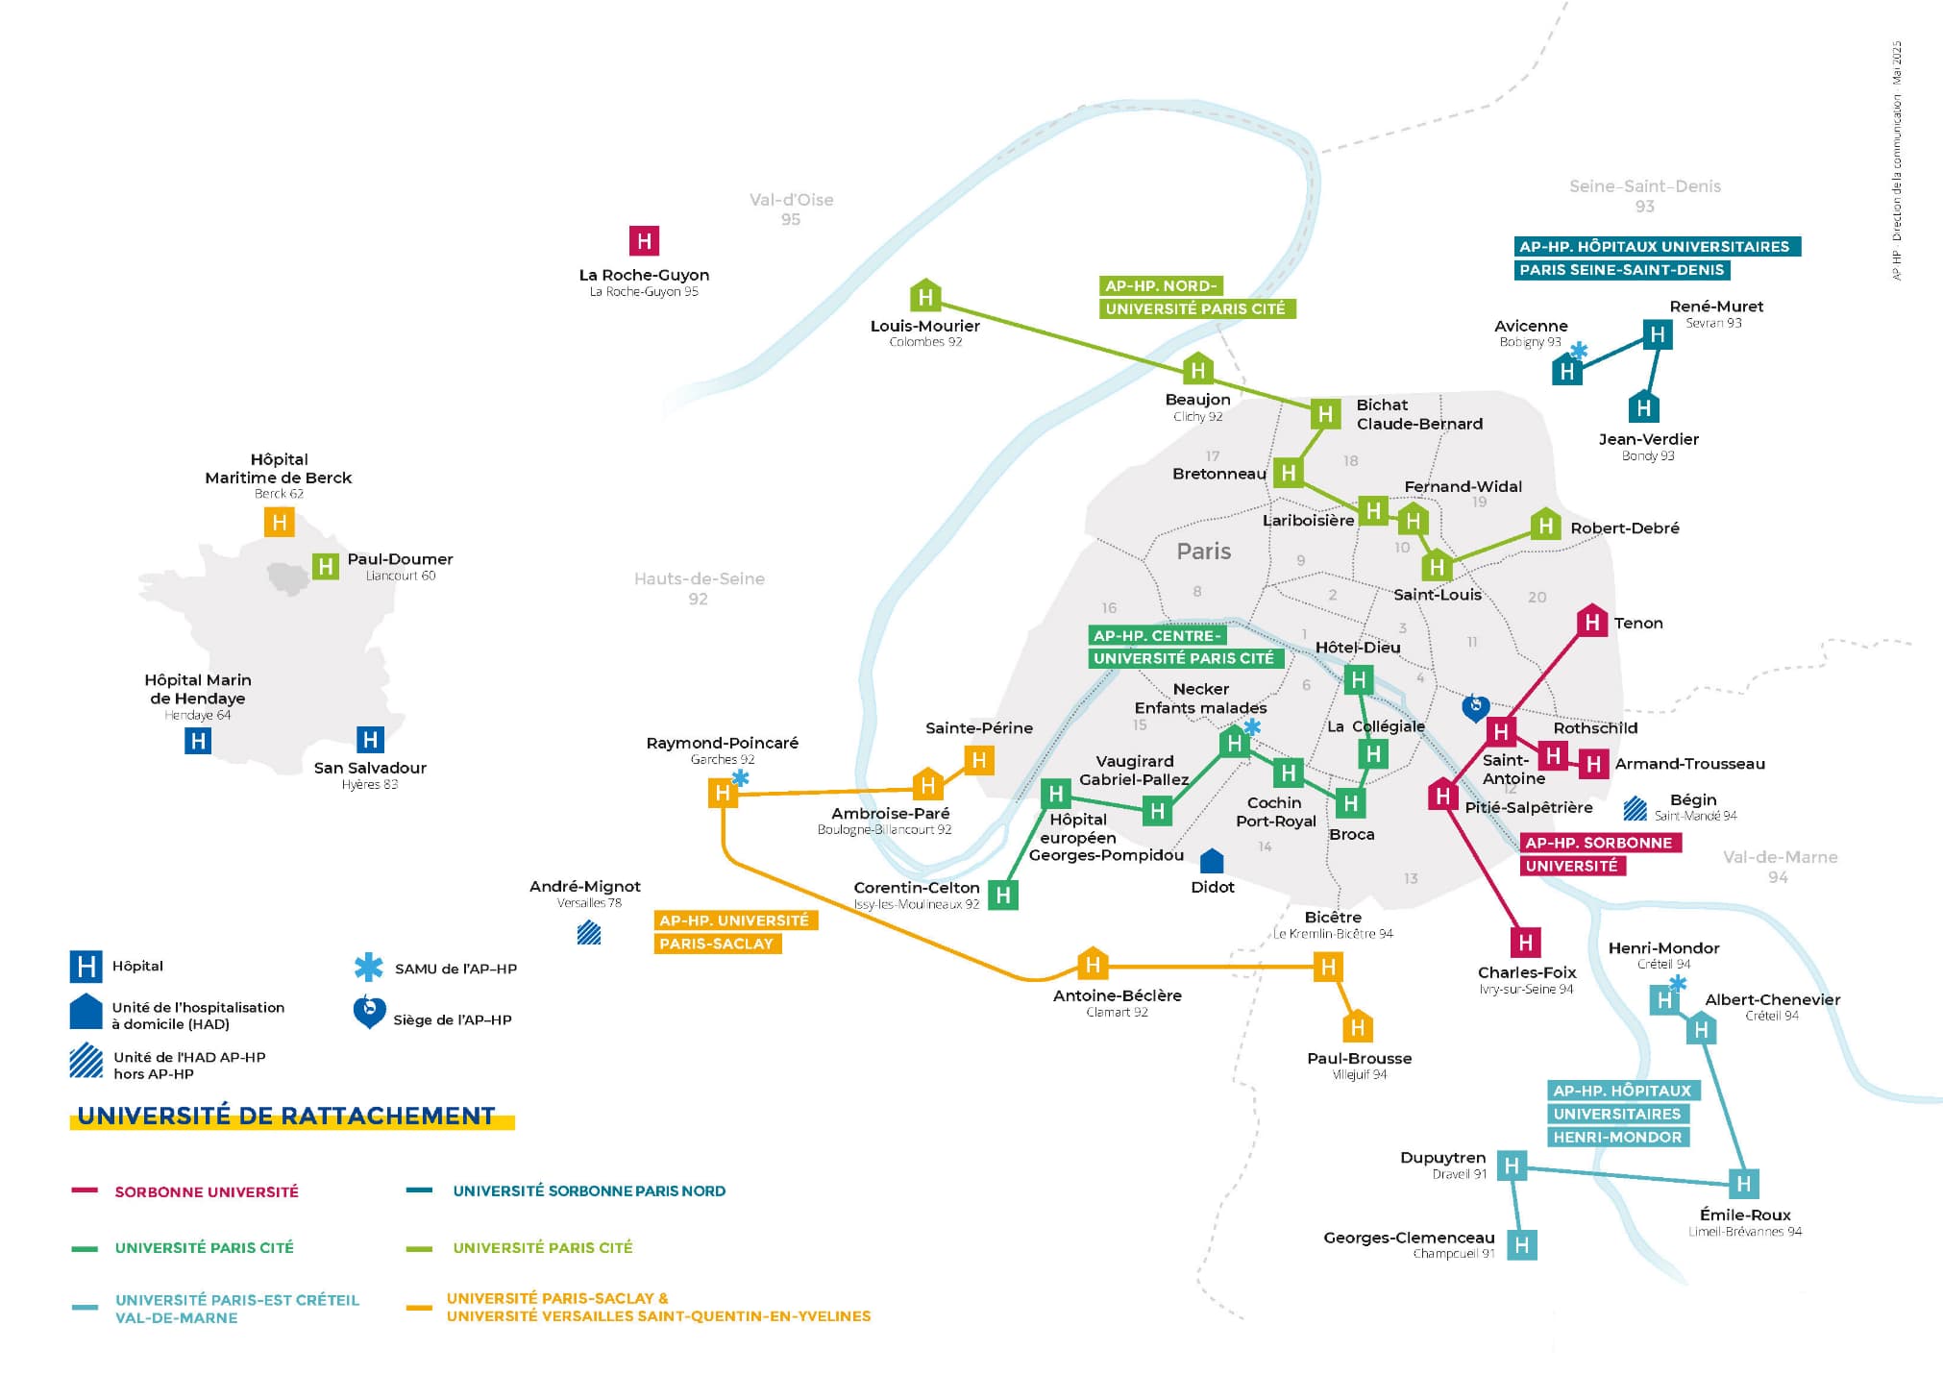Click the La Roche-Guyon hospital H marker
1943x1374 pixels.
point(644,240)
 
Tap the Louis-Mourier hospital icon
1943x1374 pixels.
point(924,296)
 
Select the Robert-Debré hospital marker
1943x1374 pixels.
point(1545,525)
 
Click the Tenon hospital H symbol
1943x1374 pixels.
point(1592,622)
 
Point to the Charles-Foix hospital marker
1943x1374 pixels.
point(1525,942)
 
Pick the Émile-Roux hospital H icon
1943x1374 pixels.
point(1744,1183)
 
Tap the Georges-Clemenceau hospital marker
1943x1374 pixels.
point(1521,1245)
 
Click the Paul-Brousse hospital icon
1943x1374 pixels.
point(1357,1027)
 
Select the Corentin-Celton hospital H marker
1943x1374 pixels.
point(1003,896)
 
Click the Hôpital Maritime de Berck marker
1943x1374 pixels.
point(279,522)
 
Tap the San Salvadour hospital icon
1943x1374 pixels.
point(370,739)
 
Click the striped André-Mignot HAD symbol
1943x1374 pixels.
point(589,932)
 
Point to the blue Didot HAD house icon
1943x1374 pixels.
point(1213,861)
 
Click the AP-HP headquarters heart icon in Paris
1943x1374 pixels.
point(1475,707)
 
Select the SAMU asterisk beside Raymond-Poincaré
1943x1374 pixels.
point(741,777)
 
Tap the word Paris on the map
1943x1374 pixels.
point(1203,552)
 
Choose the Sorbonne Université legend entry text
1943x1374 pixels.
point(207,1191)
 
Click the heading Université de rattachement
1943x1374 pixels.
point(286,1116)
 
